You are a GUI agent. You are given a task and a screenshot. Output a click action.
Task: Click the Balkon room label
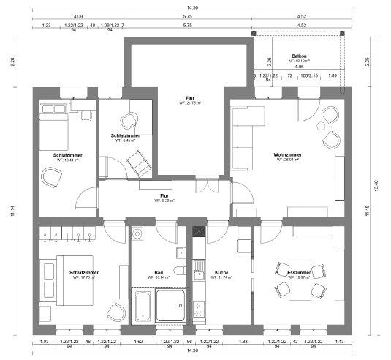coord(298,56)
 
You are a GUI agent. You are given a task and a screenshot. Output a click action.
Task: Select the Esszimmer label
coord(299,272)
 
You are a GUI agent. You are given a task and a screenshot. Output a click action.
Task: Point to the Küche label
coord(221,272)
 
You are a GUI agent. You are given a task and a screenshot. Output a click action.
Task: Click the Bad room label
coord(159,272)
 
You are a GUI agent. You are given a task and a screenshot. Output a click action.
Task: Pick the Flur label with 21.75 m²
coord(190,97)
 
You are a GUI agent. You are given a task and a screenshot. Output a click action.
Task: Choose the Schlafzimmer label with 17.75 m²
coord(85,272)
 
